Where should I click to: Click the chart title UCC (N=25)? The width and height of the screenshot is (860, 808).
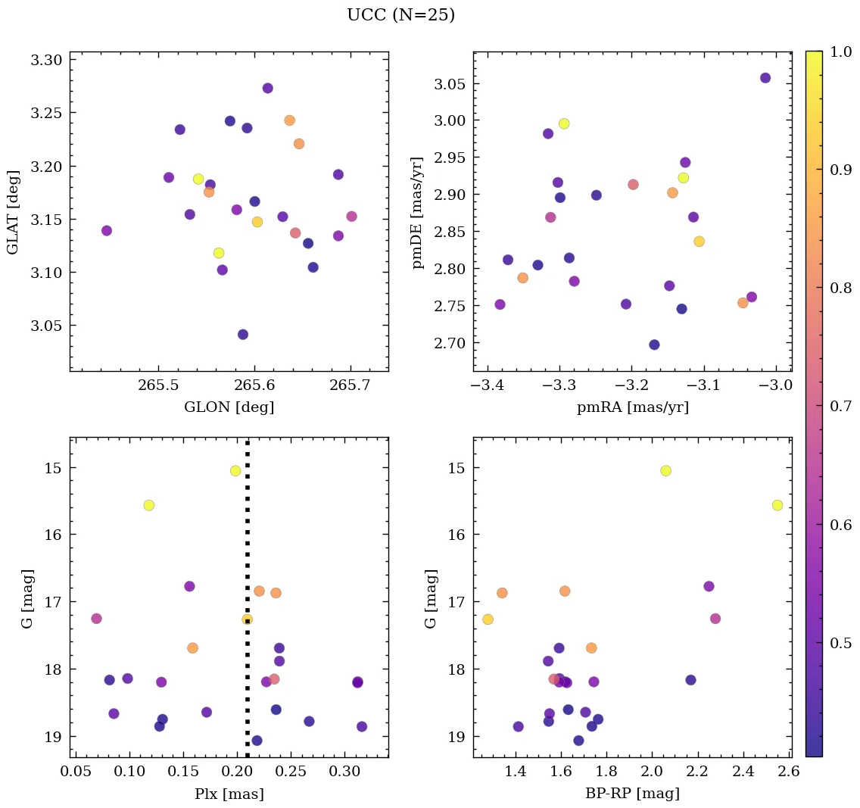coord(400,15)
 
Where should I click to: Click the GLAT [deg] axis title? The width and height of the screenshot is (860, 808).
coord(13,211)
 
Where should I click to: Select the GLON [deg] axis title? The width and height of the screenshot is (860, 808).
coord(229,407)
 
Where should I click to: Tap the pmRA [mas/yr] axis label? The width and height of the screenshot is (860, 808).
coord(632,407)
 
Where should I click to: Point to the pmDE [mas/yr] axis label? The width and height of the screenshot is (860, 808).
coord(417,212)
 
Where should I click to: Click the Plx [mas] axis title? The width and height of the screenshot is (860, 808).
coord(229,794)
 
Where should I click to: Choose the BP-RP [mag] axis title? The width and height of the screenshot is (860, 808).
coord(632,794)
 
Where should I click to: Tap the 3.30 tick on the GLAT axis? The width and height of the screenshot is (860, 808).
coord(46,60)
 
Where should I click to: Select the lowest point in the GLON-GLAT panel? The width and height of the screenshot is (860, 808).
coord(243,335)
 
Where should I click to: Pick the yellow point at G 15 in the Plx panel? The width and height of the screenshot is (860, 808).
coord(235,470)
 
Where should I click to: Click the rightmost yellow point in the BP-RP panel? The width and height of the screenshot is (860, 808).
coord(777,505)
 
